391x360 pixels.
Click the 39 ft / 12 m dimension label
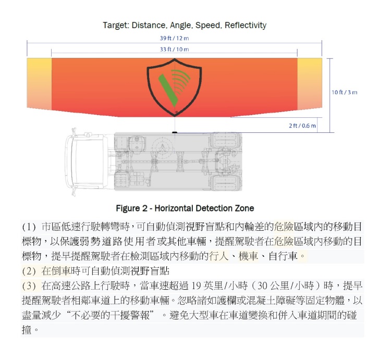point(174,38)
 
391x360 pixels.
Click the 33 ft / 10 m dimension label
point(174,49)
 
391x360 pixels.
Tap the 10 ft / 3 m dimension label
point(345,92)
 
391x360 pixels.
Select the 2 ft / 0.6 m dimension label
point(302,126)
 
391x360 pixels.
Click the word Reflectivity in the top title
point(246,25)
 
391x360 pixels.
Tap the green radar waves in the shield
point(181,81)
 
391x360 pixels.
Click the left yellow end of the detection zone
point(39,84)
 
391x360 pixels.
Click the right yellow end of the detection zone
point(310,84)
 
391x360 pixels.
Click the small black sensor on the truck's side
point(175,132)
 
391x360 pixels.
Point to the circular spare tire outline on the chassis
point(162,147)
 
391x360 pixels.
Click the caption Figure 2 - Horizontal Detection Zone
point(185,208)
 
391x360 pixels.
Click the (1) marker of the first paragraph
point(29,227)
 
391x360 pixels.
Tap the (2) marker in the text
point(29,271)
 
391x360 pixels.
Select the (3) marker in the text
point(29,286)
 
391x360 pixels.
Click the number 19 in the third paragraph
point(196,285)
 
